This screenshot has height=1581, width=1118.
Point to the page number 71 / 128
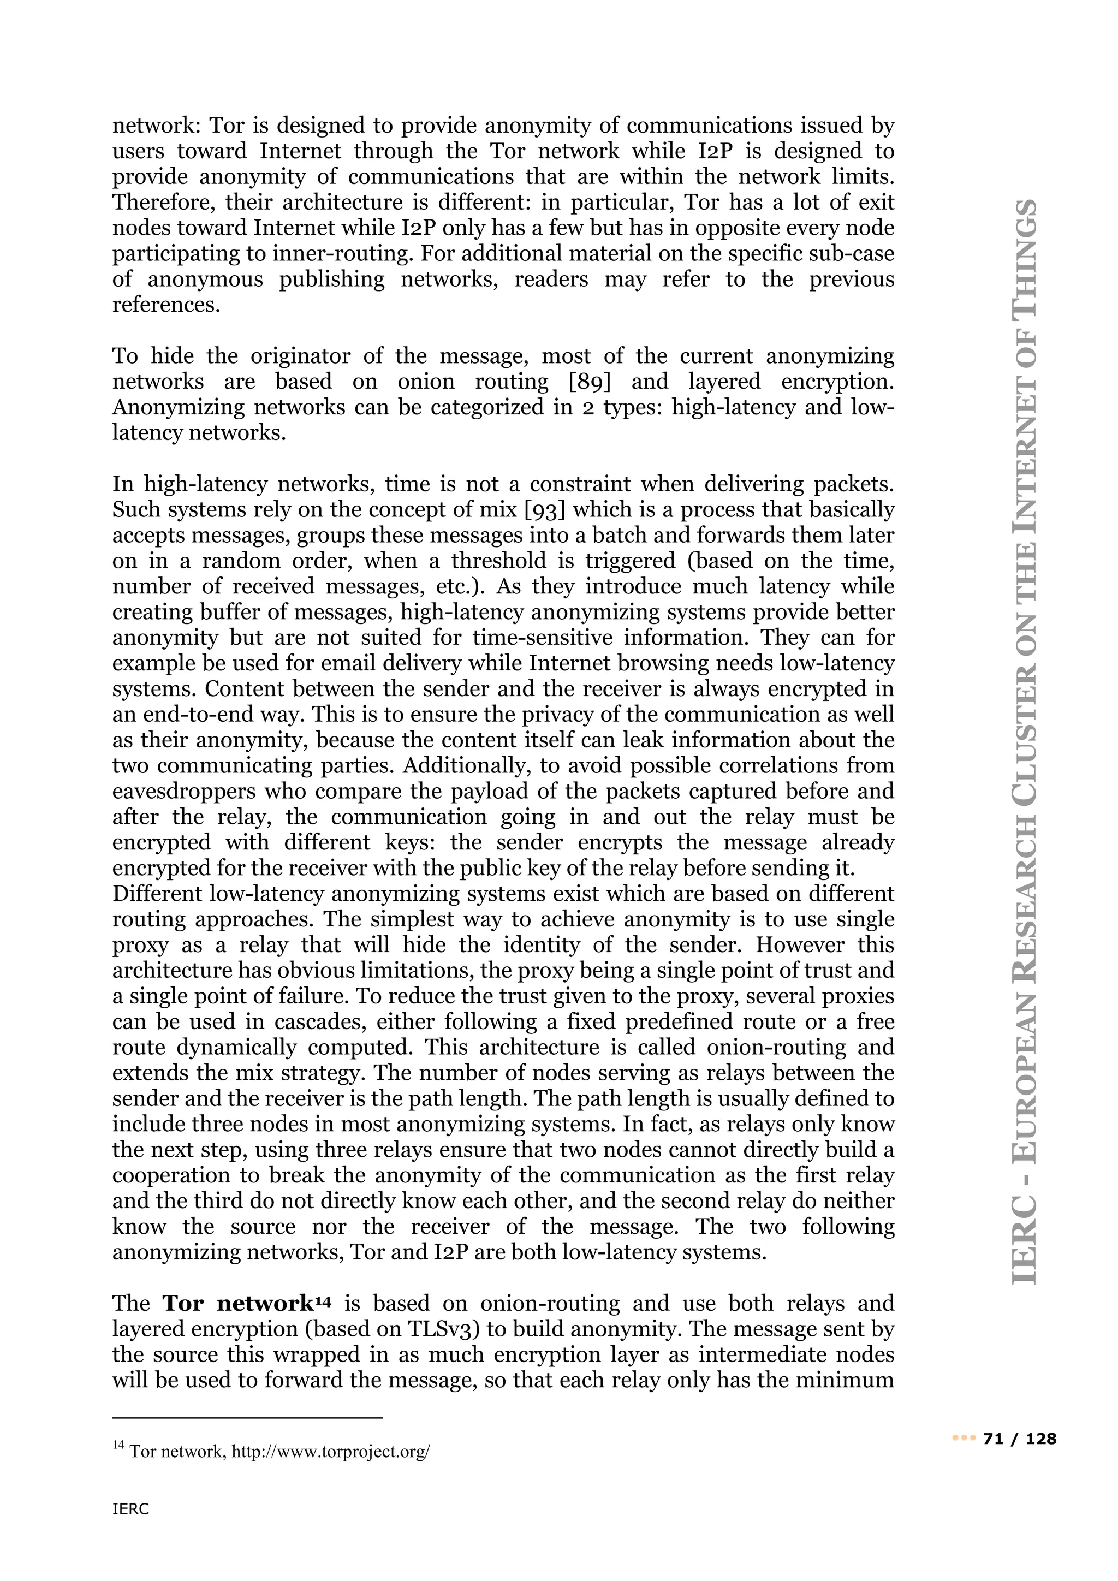coord(1020,1439)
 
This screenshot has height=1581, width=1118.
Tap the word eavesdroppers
coord(185,791)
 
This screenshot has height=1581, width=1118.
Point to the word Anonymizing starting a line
coord(177,408)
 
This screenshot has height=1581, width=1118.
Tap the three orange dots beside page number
coord(962,1439)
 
